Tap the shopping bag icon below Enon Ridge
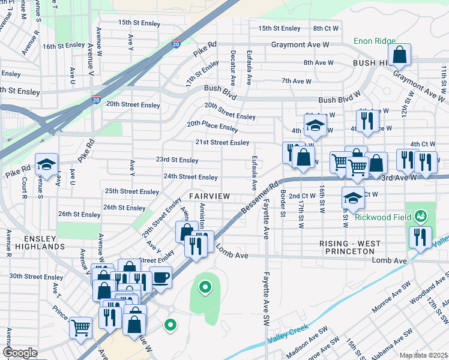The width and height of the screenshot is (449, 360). point(399,55)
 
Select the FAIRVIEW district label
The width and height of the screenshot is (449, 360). point(209,197)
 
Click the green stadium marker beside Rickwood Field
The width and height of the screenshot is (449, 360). point(421,215)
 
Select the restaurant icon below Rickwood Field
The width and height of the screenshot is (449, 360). point(420,236)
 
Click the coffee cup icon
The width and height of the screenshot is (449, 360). point(161,277)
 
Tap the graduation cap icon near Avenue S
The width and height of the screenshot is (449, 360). point(46,165)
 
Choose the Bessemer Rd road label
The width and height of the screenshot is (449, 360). point(261,197)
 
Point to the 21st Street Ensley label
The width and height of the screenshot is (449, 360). point(221,142)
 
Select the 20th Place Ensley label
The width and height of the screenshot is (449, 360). point(212,126)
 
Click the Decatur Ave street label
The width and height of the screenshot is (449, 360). point(232,65)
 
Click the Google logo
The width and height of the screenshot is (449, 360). point(20,353)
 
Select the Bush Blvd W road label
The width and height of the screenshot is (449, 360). point(339,100)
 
